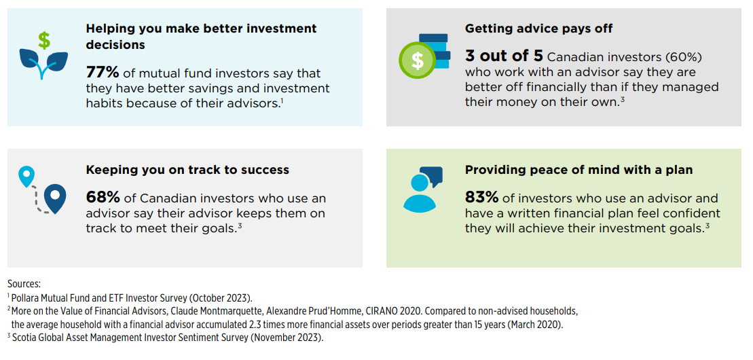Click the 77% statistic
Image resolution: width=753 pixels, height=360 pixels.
[103, 73]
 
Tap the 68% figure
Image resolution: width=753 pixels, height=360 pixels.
[103, 198]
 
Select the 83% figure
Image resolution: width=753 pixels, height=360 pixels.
[481, 198]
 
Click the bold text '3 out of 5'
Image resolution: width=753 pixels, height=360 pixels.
[504, 56]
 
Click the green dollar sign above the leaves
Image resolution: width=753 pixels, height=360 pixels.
[44, 41]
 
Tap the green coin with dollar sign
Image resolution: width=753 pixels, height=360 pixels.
[418, 60]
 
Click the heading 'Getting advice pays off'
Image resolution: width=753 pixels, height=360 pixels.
[538, 29]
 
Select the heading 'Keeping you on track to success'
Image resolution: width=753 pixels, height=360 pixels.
[188, 170]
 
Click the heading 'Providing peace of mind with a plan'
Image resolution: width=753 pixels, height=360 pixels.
[578, 170]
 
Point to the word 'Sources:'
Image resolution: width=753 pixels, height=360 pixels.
[24, 284]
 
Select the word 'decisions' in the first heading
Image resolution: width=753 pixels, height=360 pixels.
[115, 45]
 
